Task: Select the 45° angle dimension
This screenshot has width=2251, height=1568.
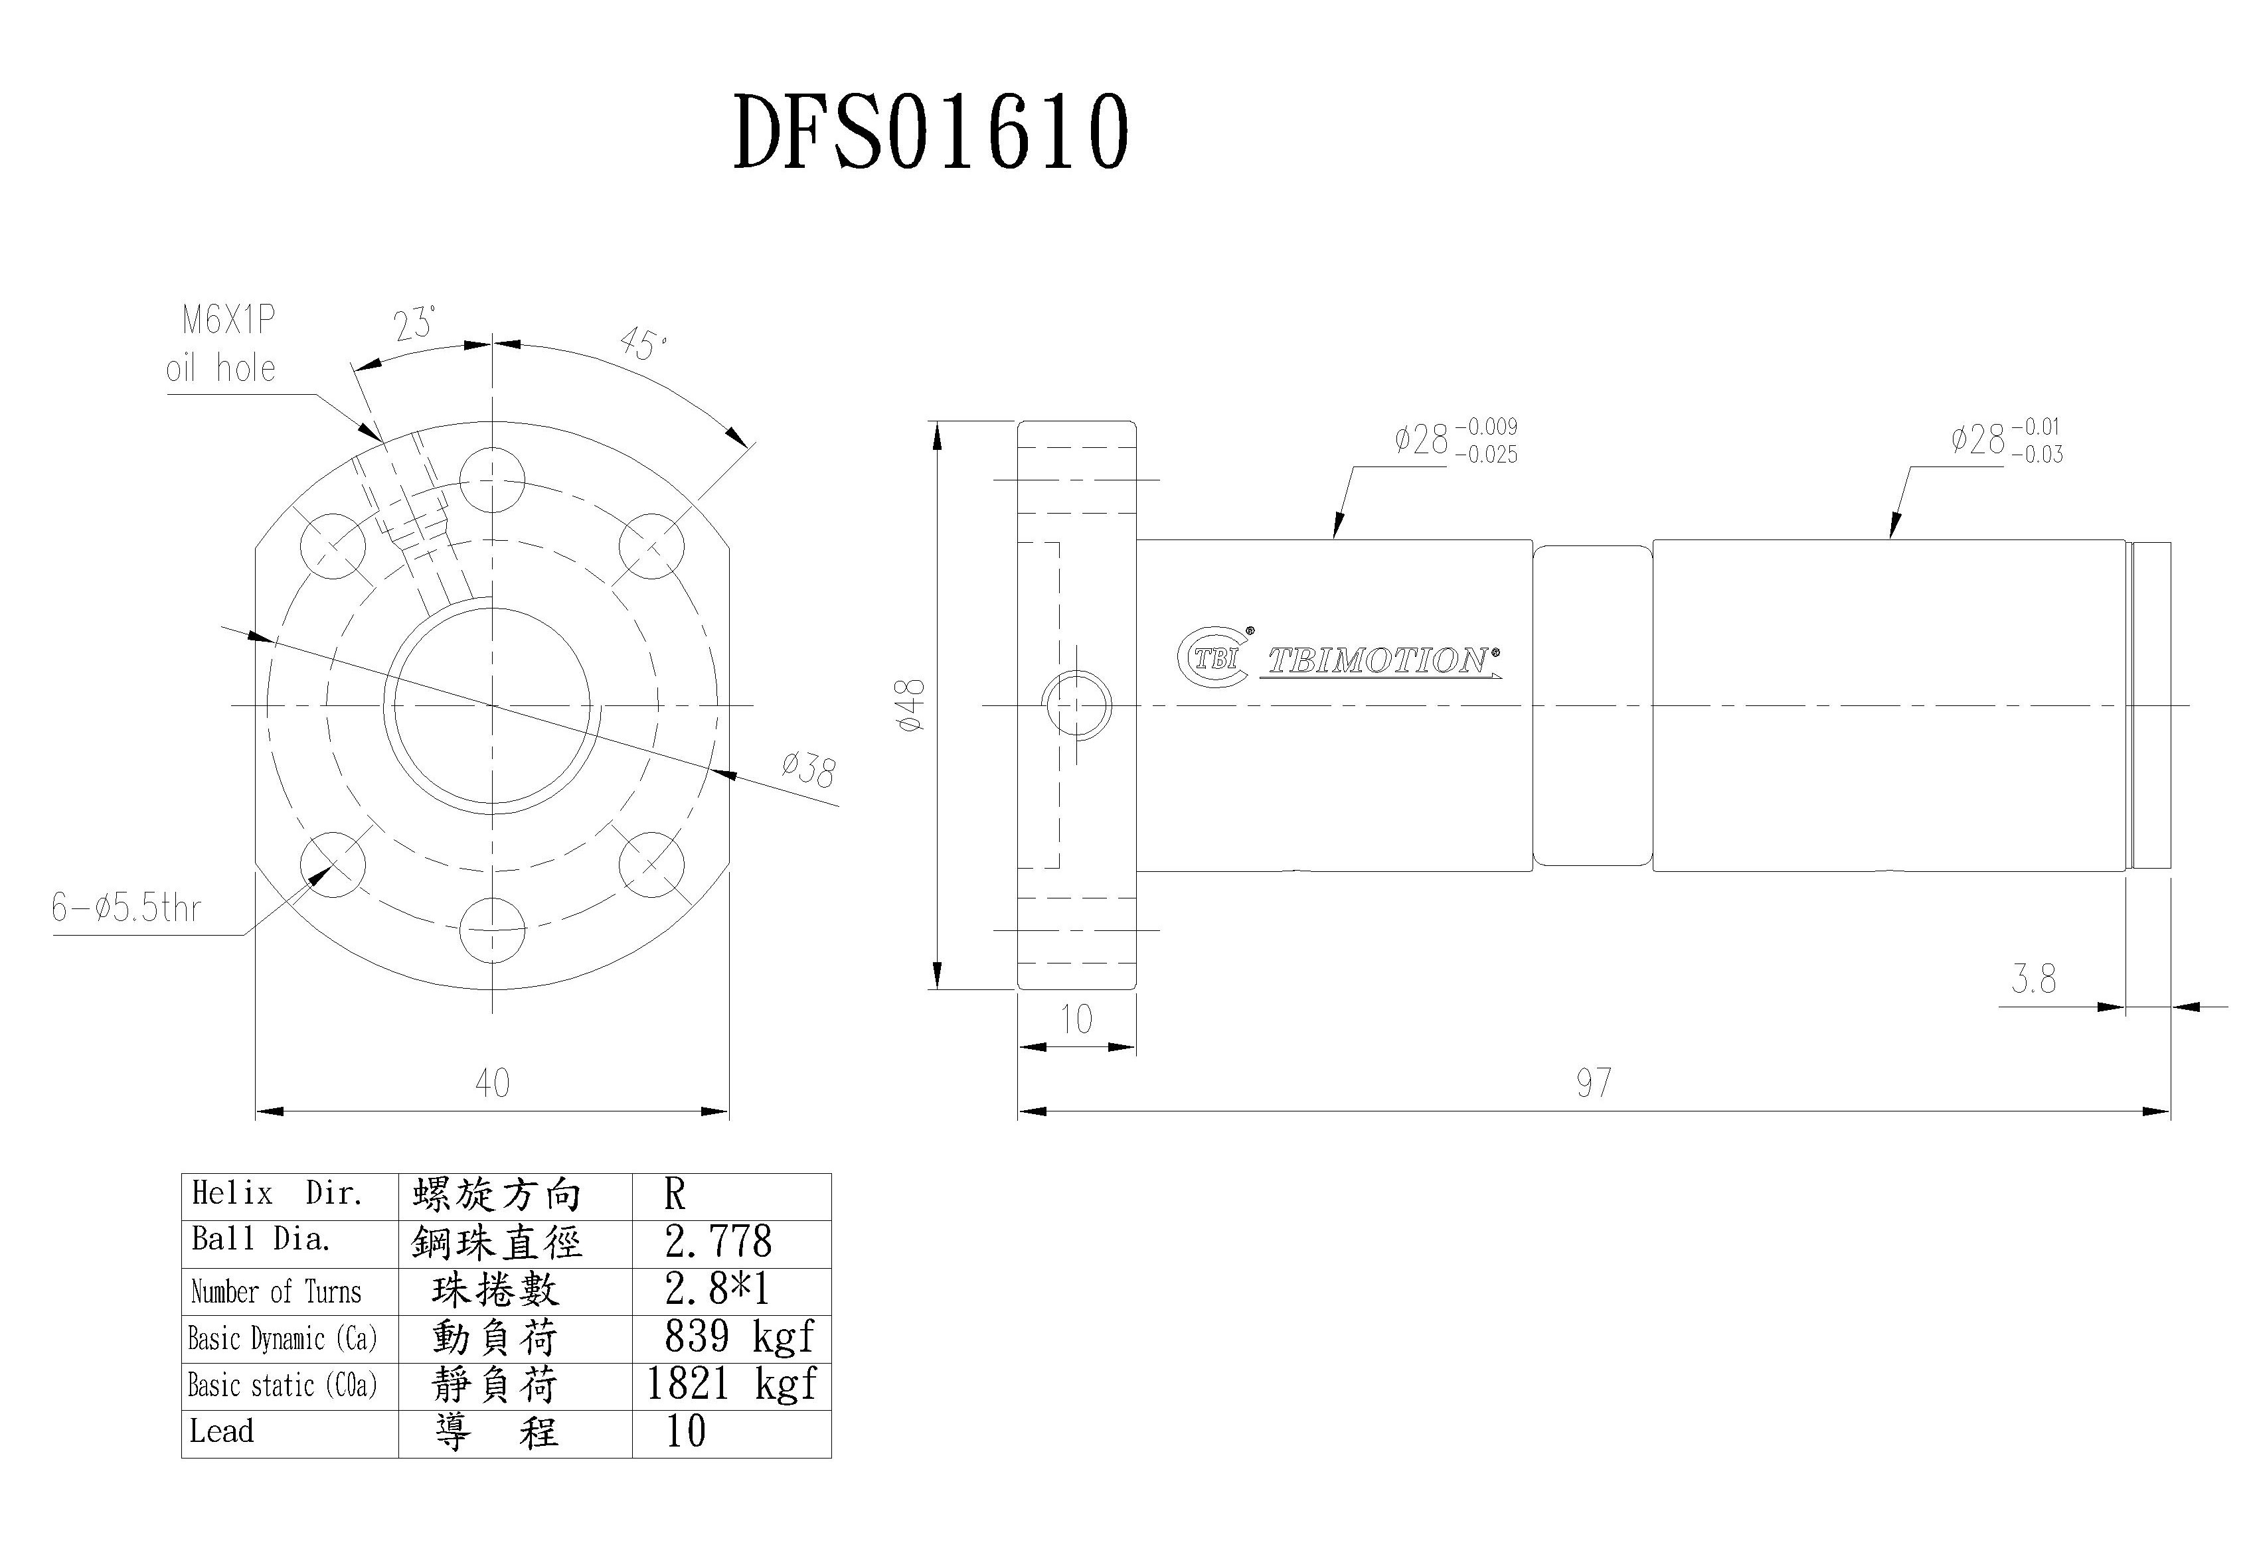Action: tap(643, 343)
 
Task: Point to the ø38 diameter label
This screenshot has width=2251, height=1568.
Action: tap(809, 769)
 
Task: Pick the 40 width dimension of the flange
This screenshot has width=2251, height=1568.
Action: tap(492, 1083)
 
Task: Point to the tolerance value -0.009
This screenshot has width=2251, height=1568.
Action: tap(1486, 426)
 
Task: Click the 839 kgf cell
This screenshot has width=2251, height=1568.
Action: tap(739, 1336)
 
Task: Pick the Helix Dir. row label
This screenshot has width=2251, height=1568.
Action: tap(278, 1194)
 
